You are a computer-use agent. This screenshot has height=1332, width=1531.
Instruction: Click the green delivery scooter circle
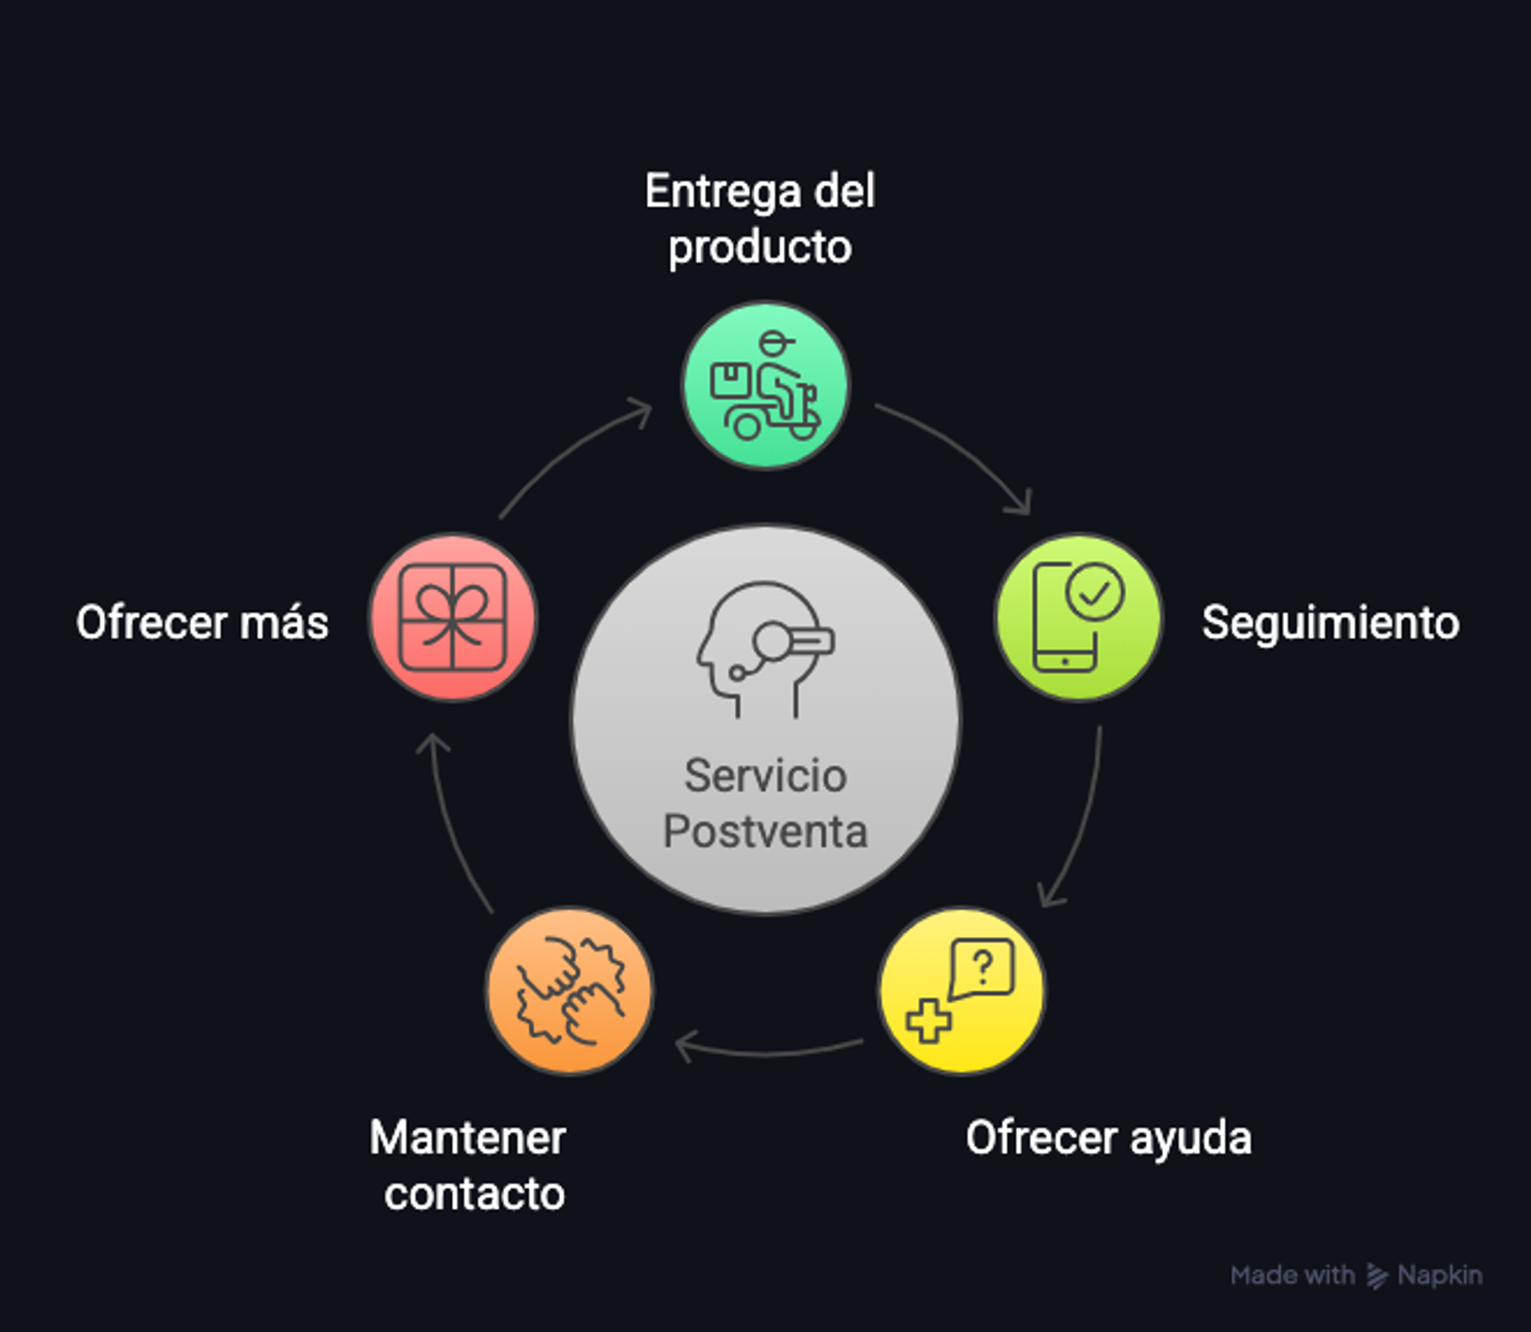(x=765, y=385)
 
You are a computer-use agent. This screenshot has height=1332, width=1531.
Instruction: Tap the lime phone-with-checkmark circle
(x=1079, y=617)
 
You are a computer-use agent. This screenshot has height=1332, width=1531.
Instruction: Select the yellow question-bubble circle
(x=962, y=990)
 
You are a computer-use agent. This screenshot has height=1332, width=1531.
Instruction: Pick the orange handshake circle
(x=569, y=990)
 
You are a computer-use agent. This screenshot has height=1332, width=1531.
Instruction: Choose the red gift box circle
(x=453, y=617)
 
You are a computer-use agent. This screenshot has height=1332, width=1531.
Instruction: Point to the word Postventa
(x=765, y=831)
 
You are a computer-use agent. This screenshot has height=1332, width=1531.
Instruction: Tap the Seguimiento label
(x=1330, y=623)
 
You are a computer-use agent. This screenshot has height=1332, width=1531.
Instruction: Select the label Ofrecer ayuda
(x=1109, y=1139)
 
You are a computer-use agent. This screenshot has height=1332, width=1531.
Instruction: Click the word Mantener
(x=468, y=1138)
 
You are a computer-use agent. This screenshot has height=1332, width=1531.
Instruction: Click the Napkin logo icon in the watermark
(x=1376, y=1275)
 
